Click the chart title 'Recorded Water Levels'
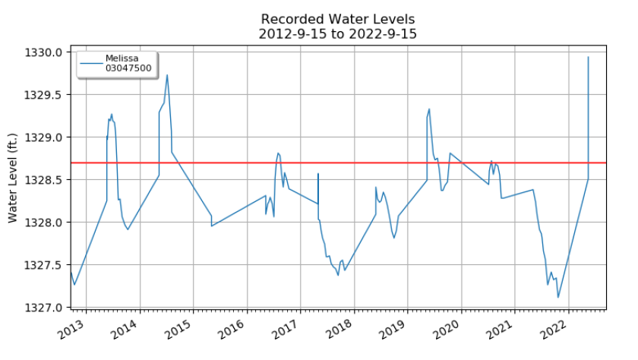click(338, 19)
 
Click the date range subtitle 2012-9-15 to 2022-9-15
click(338, 33)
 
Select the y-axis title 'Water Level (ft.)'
click(13, 180)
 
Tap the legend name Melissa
click(121, 58)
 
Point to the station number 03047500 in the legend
click(128, 68)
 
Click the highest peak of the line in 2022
click(589, 57)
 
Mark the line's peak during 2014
click(167, 74)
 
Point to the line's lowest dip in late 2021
click(558, 297)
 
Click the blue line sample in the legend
click(91, 64)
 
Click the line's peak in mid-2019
click(429, 109)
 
